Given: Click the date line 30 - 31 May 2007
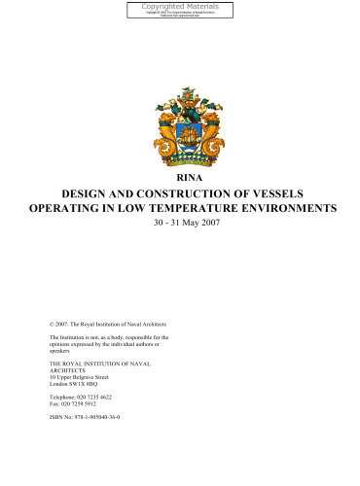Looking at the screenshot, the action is click(179, 226).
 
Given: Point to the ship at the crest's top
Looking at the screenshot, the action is click(180, 92).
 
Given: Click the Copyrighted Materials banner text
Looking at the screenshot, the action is click(180, 7).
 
